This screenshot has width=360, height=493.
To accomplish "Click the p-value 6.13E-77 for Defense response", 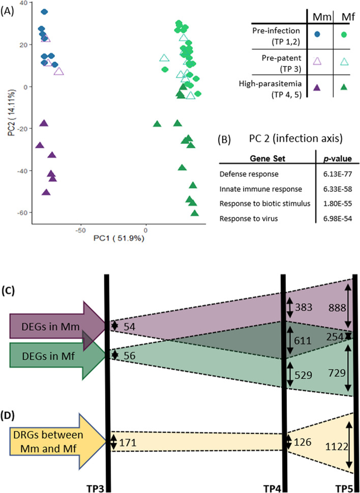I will [x=335, y=175].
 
